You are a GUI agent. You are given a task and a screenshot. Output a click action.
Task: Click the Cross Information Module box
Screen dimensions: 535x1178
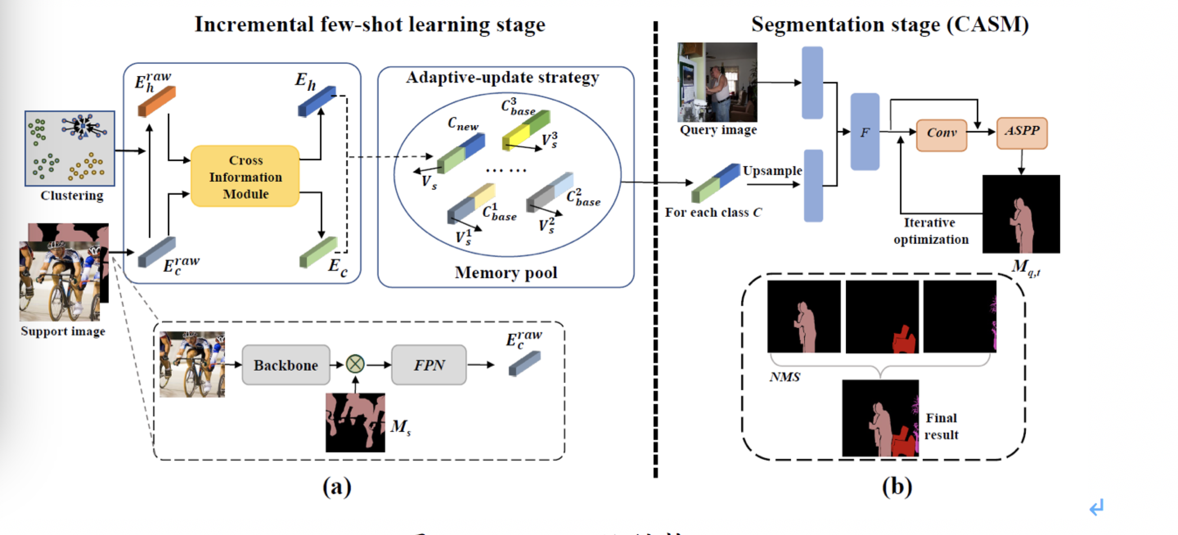click(245, 177)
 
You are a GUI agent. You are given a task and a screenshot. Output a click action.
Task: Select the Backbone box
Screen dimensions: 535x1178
click(286, 365)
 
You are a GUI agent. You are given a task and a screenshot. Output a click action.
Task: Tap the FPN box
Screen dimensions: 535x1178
click(429, 365)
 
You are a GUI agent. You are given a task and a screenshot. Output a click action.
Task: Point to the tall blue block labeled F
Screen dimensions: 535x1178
click(865, 132)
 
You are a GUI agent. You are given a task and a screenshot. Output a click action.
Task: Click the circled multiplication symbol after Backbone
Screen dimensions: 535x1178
click(355, 364)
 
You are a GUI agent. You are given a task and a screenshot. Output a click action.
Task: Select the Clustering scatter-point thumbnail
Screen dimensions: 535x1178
click(70, 148)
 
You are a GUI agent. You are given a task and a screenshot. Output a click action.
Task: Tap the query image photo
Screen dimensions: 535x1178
click(717, 82)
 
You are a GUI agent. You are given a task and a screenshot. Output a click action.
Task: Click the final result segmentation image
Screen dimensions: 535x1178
click(880, 418)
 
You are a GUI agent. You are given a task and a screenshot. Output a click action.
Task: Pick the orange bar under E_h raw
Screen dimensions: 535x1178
click(157, 101)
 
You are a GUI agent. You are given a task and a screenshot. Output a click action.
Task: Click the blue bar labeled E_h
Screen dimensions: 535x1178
click(317, 101)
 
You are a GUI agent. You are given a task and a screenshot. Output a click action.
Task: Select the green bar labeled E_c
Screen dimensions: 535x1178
click(318, 252)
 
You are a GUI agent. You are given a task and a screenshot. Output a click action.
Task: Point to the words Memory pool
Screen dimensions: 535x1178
click(506, 272)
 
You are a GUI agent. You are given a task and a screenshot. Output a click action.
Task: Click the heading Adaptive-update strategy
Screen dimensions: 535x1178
click(502, 78)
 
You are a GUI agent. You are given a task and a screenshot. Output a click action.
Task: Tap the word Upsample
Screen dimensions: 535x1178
click(772, 171)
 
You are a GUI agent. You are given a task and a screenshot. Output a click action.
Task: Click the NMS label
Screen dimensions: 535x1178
click(785, 377)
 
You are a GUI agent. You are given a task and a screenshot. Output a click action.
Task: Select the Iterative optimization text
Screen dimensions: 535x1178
click(931, 231)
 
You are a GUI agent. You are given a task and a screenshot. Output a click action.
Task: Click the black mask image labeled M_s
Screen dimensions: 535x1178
click(355, 423)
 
